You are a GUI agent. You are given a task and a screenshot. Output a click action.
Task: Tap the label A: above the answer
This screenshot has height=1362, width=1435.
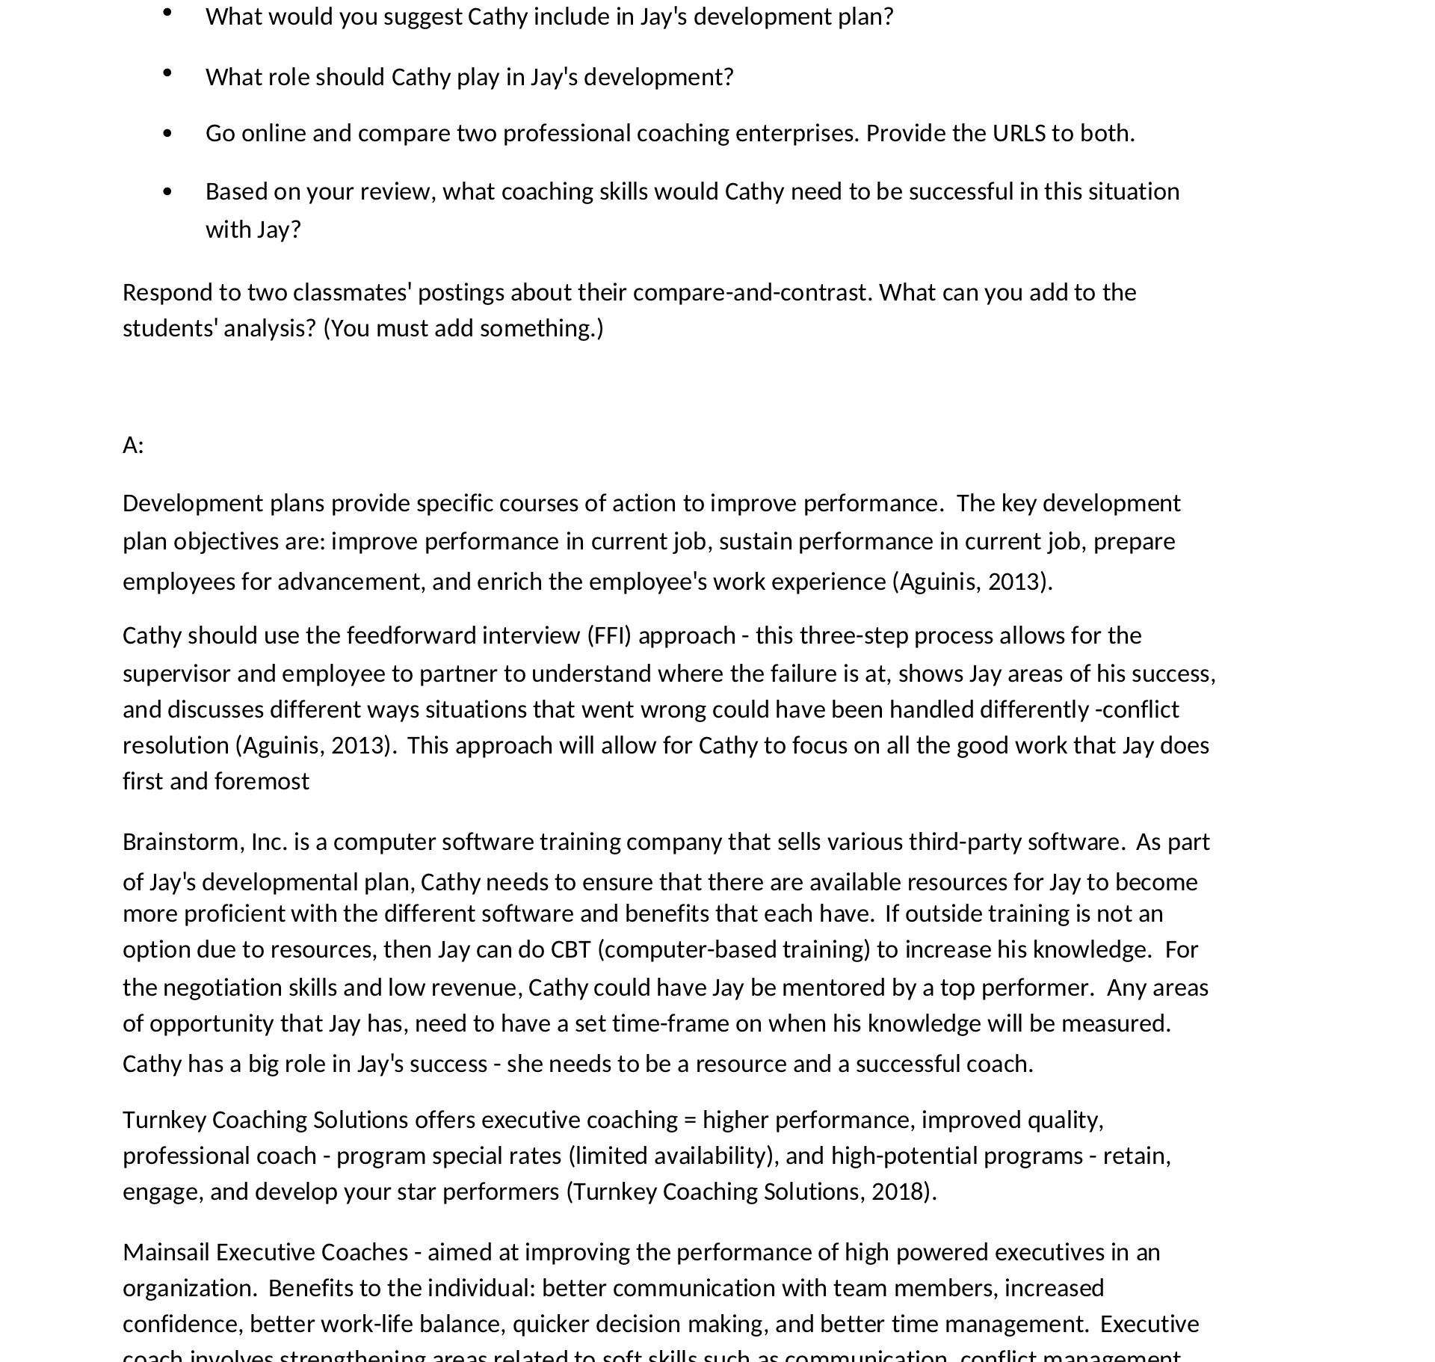[x=133, y=446]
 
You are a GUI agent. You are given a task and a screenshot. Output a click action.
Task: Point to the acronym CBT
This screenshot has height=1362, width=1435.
[x=570, y=949]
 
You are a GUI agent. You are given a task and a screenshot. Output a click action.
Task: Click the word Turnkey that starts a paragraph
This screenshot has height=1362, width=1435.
[x=164, y=1120]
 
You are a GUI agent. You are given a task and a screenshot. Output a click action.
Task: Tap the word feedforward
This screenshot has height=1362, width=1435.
[x=411, y=635]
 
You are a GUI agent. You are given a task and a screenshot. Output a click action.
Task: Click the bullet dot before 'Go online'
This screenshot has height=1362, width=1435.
[x=167, y=133]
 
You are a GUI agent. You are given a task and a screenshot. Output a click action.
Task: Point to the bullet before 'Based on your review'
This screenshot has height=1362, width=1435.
[x=167, y=191]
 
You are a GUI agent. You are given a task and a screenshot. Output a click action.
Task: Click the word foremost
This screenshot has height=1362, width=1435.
[x=262, y=781]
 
